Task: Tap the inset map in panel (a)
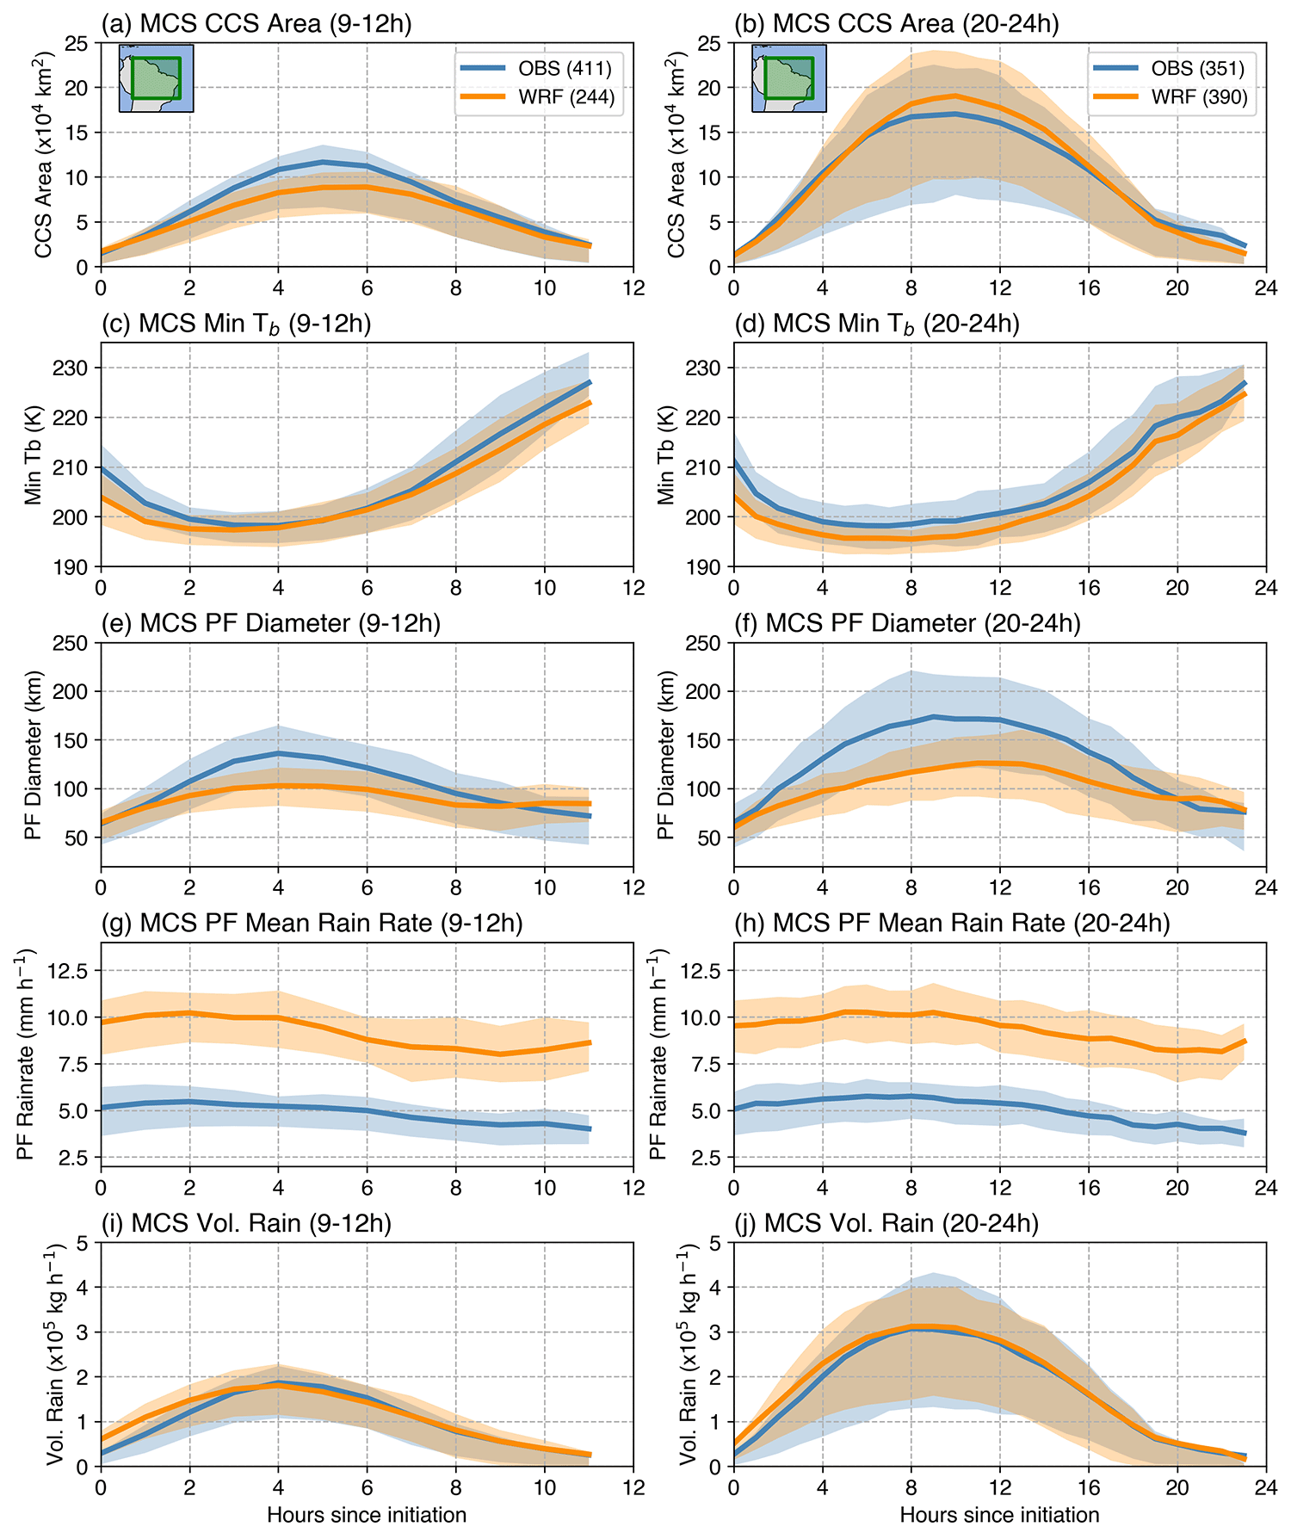(156, 79)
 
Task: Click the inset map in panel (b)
(789, 79)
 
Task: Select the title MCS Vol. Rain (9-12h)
(246, 1223)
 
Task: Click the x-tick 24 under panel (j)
(1265, 1489)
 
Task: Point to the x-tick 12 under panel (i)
(633, 1489)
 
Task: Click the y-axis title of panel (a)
(45, 155)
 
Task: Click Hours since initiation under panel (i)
(367, 1516)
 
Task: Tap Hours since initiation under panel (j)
(999, 1516)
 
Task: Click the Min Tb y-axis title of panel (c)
(34, 455)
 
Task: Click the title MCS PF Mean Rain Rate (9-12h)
(312, 924)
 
